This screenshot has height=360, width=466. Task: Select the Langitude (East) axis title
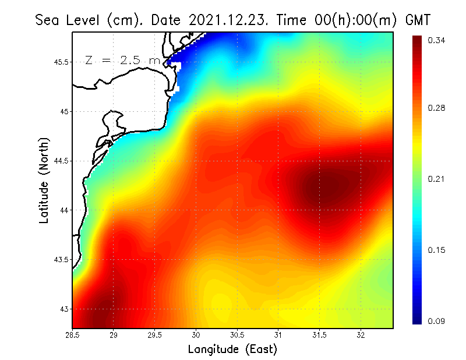point(232,350)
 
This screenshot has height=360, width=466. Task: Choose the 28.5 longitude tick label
point(73,335)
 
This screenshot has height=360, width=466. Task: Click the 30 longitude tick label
point(196,335)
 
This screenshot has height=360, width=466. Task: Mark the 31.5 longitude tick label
point(319,335)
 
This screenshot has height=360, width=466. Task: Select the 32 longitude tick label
point(361,335)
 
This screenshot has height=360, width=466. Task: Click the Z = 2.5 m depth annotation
point(122,60)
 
